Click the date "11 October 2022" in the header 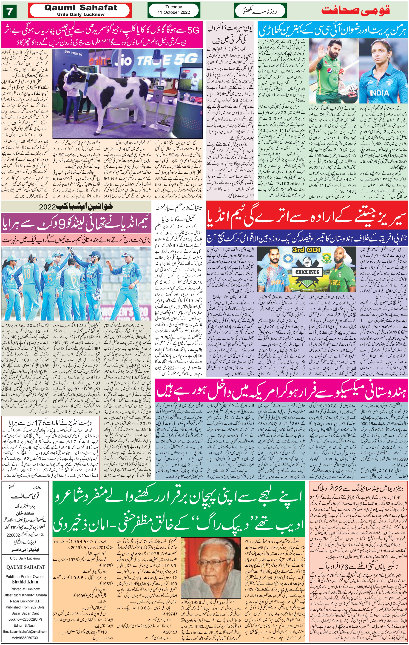(x=173, y=12)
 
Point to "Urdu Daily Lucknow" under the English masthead (x=81, y=14)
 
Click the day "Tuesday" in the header (x=173, y=7)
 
